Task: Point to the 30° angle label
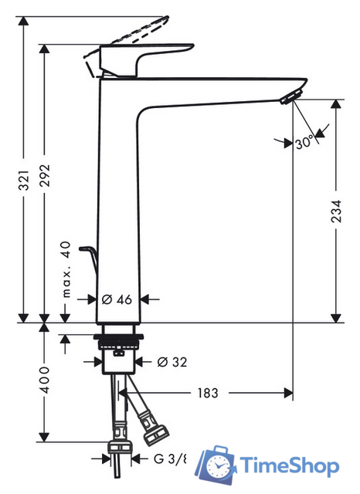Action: [304, 142]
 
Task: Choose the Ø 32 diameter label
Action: [170, 361]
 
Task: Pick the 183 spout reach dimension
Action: [206, 393]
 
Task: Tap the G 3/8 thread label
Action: [169, 458]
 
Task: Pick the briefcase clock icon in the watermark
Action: [217, 465]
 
